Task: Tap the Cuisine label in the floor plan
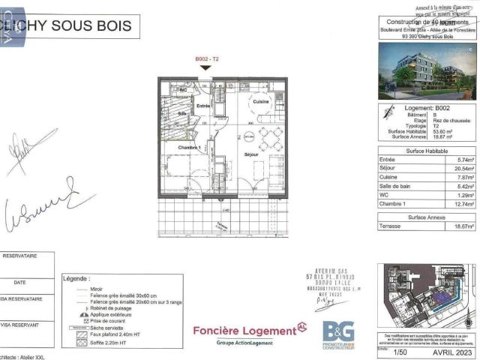coord(261,101)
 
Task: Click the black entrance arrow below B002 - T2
coord(206,67)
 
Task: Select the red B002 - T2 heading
coord(206,58)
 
